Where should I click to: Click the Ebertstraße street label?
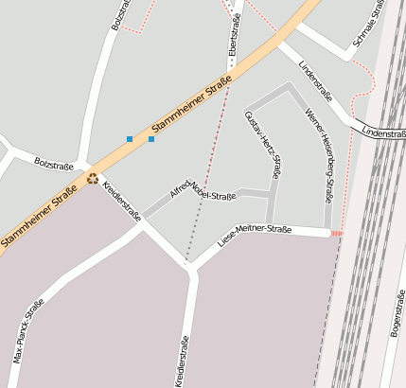230,32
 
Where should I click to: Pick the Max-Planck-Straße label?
28,331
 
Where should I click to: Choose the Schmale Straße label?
368,24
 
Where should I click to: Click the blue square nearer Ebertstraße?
151,139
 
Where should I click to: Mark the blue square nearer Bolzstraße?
130,139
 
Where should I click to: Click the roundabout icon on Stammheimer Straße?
93,177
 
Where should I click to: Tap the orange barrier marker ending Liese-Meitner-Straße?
337,233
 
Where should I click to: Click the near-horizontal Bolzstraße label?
54,165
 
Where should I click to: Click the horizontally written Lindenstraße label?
382,133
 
